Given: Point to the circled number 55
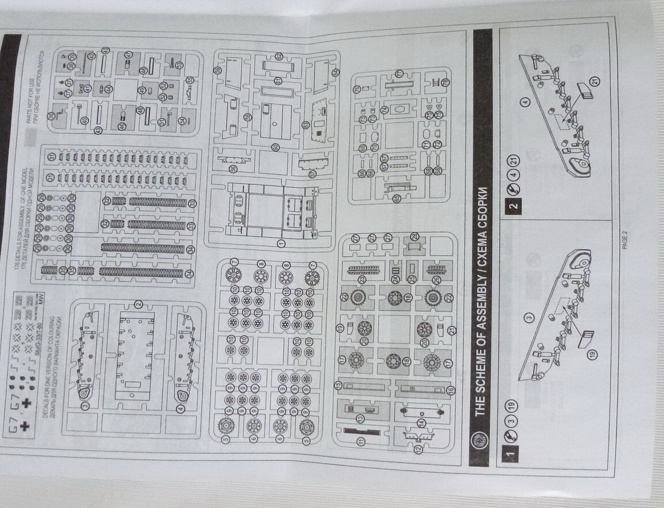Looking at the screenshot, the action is (190, 80).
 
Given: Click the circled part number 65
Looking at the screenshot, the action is (397, 199).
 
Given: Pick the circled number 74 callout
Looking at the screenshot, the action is (384, 110).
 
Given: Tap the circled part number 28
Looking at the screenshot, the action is (414, 236).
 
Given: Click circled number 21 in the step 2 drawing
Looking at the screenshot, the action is (595, 80).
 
